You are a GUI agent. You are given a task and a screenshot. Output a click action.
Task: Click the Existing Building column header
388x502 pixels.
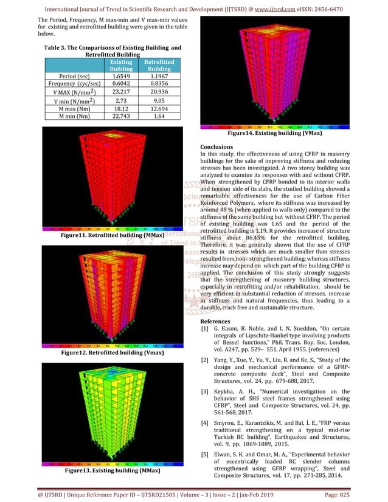(120, 66)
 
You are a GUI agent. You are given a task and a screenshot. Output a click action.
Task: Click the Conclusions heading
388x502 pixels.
(216, 147)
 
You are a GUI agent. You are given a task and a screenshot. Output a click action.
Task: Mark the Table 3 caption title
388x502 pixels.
(113, 50)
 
